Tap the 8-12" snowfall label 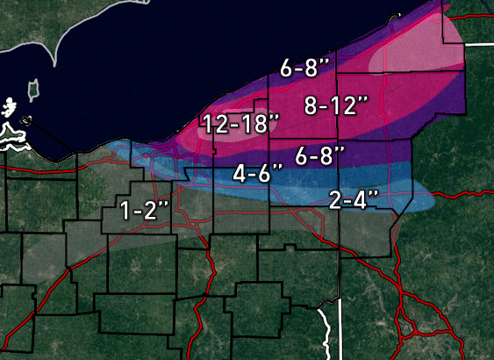[x=335, y=105]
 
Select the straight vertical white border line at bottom [x=337, y=334]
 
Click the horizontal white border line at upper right [x=478, y=42]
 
